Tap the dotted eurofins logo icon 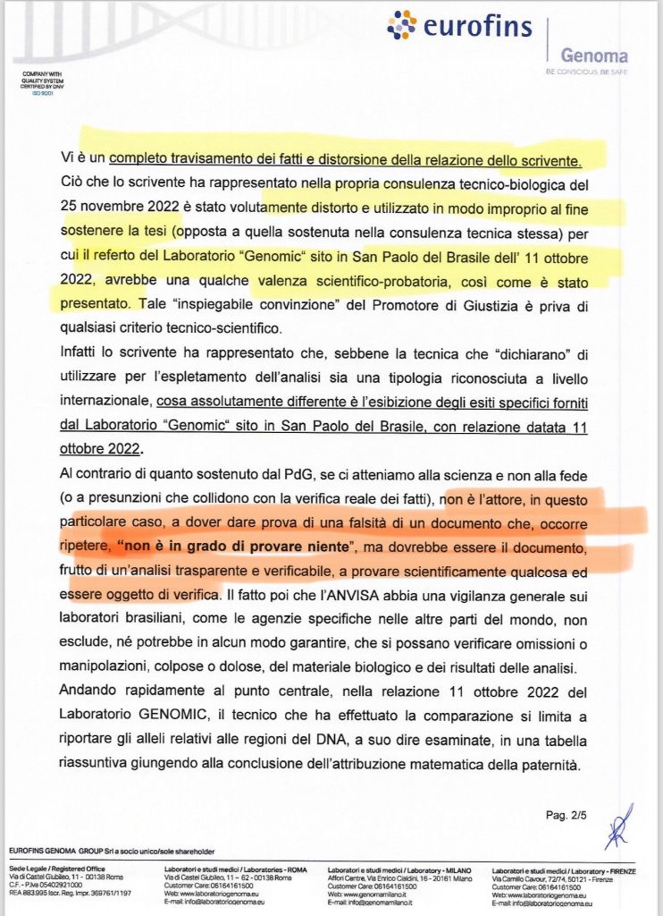pos(402,25)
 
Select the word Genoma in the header pos(593,56)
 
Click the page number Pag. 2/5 pos(565,815)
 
